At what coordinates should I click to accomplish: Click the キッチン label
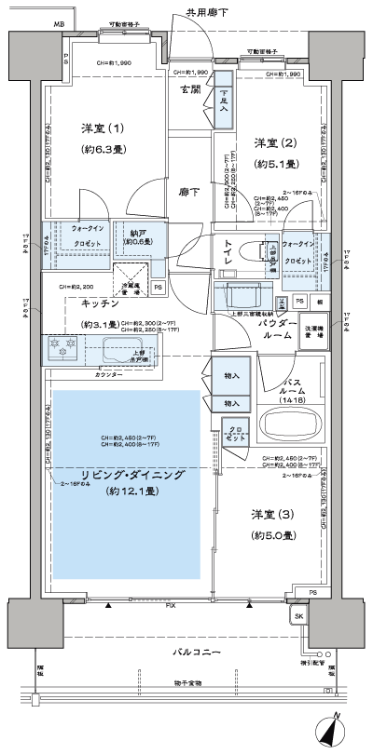click(x=99, y=303)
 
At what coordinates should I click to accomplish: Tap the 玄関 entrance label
click(x=191, y=89)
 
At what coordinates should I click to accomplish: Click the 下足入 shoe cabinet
click(x=225, y=101)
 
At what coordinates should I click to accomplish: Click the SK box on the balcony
click(x=299, y=617)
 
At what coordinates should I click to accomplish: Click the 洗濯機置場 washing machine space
click(x=311, y=333)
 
